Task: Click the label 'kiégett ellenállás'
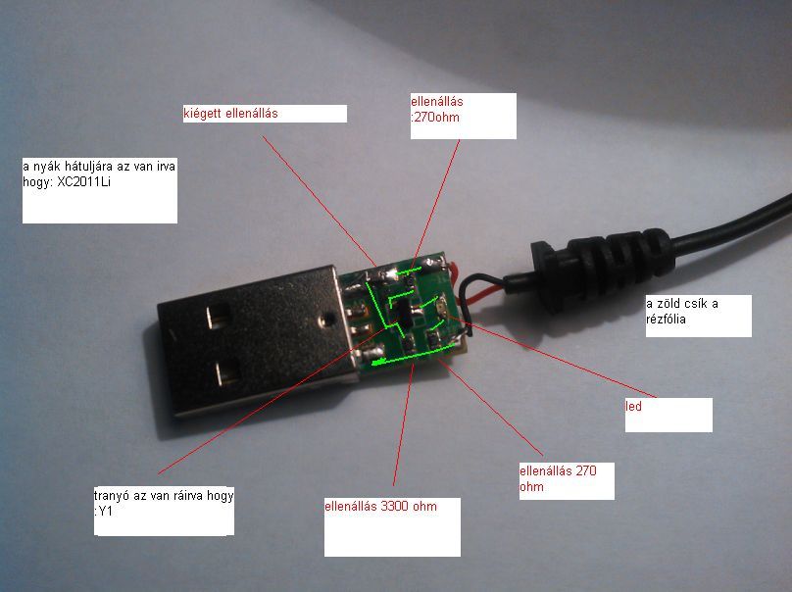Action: click(231, 114)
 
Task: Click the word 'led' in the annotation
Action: click(634, 406)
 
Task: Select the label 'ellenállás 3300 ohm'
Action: click(380, 507)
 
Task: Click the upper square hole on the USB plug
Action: click(218, 317)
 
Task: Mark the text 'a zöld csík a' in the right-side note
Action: click(682, 303)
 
